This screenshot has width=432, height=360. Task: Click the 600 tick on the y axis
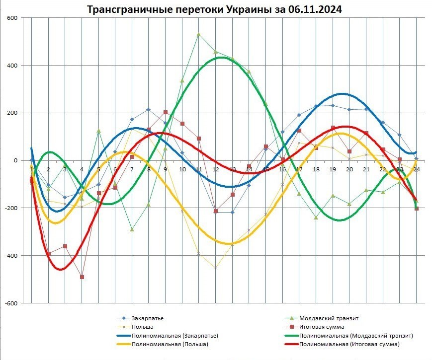tap(11, 18)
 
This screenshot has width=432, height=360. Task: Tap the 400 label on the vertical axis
tap(11, 66)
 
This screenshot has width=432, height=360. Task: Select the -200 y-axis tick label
tap(10, 208)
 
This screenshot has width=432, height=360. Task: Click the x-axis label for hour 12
tap(216, 169)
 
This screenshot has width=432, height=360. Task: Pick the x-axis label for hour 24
tap(416, 169)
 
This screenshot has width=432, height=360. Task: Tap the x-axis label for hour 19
tap(333, 169)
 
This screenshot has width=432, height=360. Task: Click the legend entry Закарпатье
tap(148, 318)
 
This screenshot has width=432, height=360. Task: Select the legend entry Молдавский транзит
tap(329, 318)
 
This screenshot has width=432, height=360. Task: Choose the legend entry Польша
tap(142, 327)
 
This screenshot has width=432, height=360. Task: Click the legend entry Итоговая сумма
tap(322, 327)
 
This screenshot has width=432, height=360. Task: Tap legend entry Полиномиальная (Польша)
tap(170, 344)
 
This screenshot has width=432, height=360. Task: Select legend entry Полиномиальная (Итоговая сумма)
tap(349, 344)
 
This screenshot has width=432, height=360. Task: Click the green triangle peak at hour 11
tap(199, 34)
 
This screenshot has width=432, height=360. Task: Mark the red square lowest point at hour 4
tap(82, 277)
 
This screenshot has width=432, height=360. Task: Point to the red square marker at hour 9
tap(166, 112)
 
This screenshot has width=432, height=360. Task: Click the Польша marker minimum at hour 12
tap(216, 268)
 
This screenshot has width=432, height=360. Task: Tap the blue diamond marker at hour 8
tap(149, 109)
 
